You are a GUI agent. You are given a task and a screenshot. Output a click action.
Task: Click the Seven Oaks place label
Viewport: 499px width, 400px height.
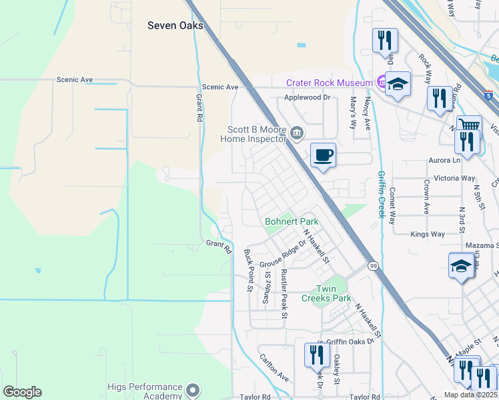pos(175,25)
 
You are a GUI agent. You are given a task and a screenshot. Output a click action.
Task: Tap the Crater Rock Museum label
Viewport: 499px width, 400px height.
pos(329,83)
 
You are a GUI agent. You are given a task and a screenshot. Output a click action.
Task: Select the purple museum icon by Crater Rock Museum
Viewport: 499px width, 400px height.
pos(382,83)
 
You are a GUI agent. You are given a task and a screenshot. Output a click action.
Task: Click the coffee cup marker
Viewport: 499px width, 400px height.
pos(323,155)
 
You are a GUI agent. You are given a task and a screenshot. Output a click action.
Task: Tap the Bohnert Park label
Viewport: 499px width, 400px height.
pos(291,221)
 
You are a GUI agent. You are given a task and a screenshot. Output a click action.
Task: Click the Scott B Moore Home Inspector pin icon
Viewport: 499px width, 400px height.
pos(298,134)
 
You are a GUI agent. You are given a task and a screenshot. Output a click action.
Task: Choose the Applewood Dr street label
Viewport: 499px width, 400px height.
pos(308,97)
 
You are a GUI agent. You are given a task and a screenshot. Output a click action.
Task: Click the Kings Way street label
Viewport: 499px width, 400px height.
pos(428,234)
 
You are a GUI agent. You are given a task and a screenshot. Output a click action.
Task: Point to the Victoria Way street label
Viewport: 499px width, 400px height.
pos(454,179)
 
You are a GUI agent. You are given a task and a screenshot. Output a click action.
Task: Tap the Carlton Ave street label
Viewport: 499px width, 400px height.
pos(274,367)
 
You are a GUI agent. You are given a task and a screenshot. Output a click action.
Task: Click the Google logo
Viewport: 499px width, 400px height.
pos(22,392)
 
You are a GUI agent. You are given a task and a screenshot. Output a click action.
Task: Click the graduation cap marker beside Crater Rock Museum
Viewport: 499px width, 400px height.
pos(398,84)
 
